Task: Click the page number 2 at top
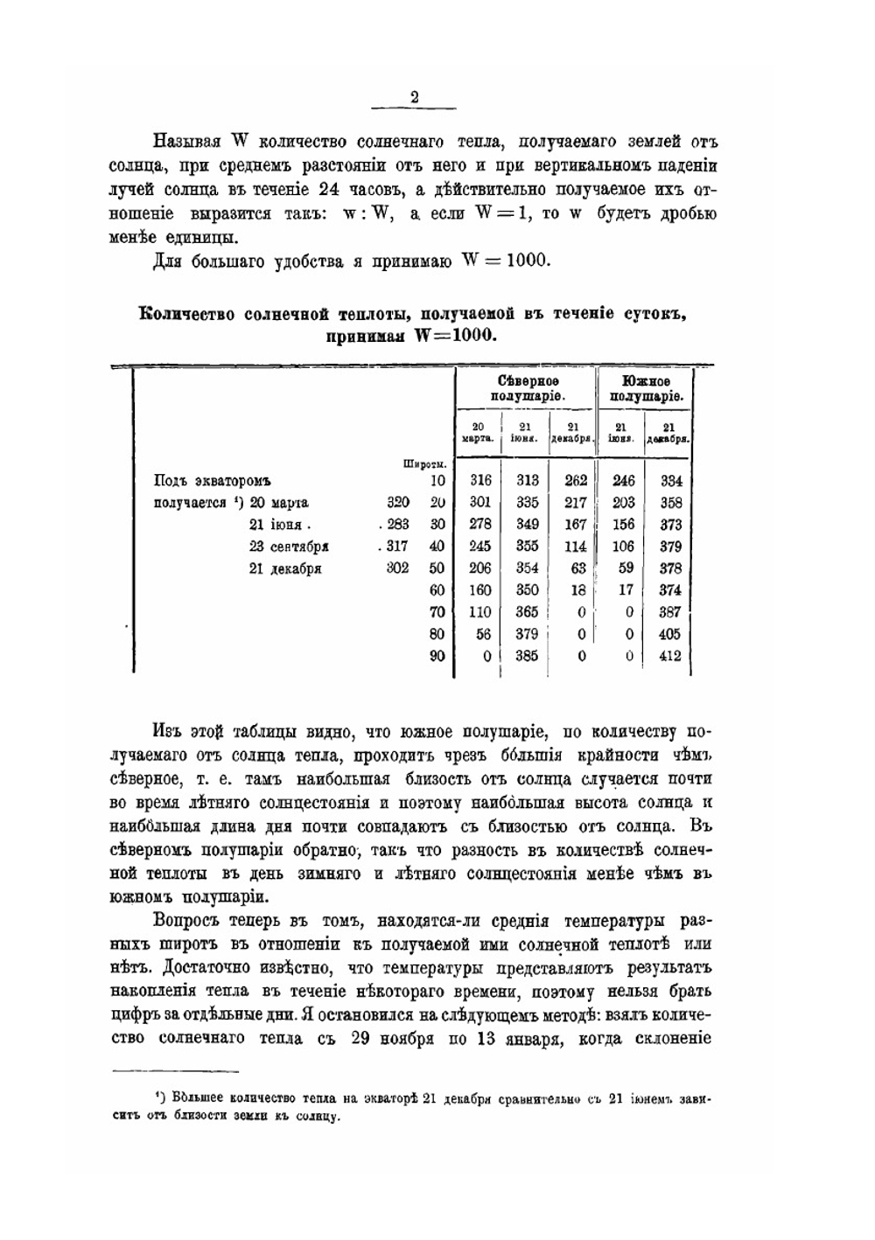pos(415,98)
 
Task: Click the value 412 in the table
pos(669,656)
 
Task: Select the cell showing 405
pos(669,634)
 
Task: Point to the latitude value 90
pos(437,656)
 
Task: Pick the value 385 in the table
pos(527,656)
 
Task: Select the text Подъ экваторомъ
pos(213,480)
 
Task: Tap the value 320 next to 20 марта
pos(397,503)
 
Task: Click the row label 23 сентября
pos(288,547)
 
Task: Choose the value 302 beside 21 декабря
pos(397,568)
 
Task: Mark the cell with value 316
pos(480,480)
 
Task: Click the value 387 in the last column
pos(669,612)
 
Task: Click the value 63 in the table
pos(577,568)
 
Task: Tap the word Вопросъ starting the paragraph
pos(187,921)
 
